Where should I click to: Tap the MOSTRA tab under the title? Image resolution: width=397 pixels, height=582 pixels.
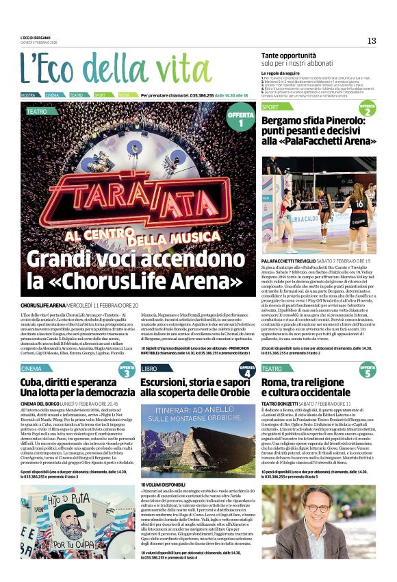(28, 95)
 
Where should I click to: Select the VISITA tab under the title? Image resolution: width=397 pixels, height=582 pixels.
(124, 95)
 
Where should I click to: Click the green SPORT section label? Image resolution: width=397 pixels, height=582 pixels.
(271, 107)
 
